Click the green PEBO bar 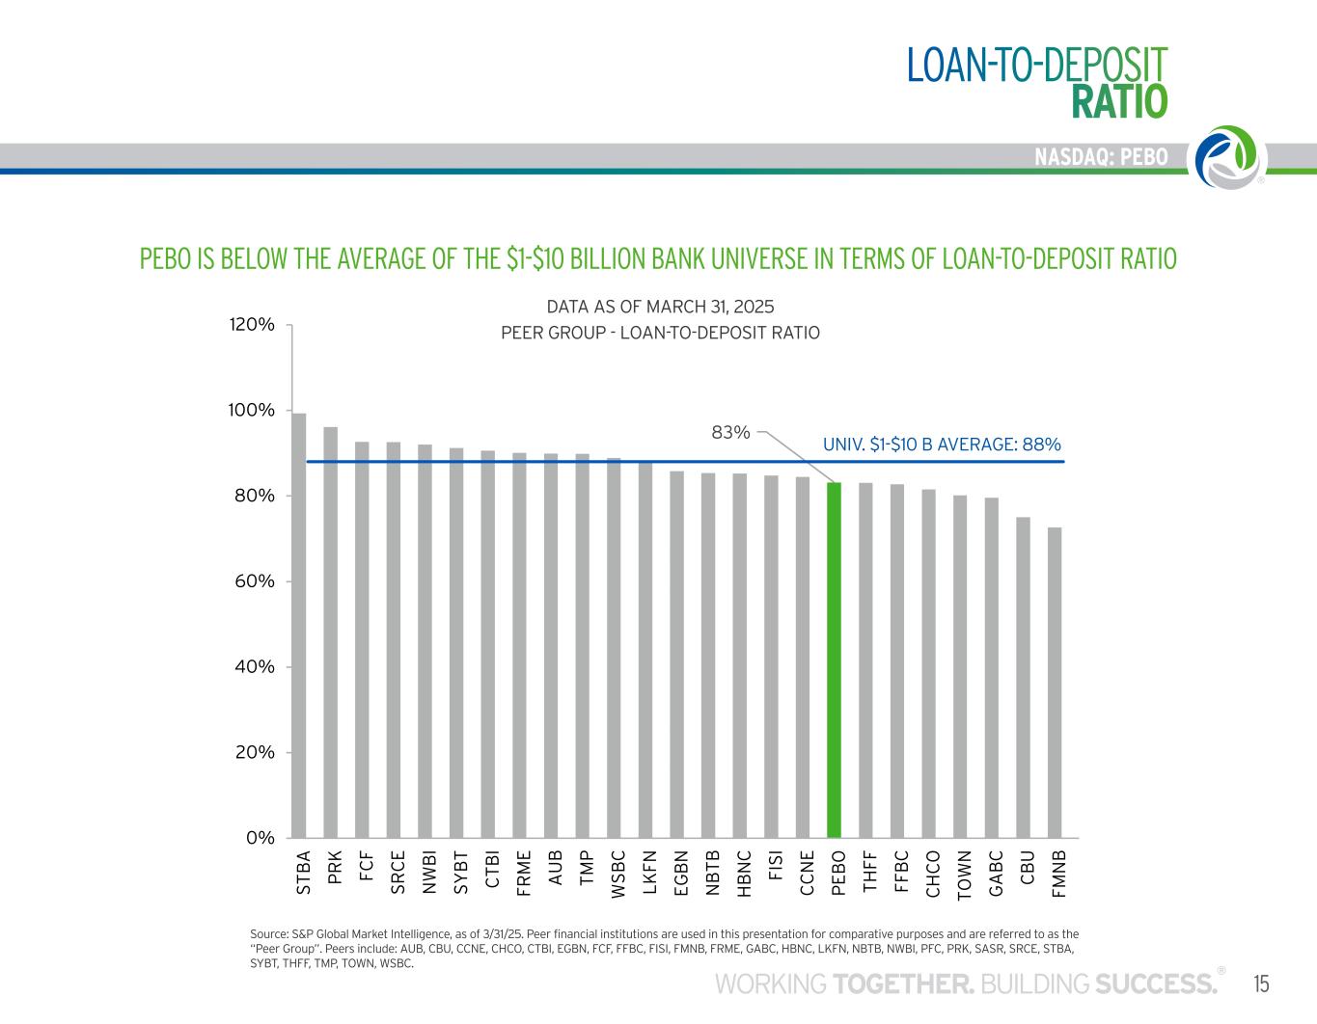(835, 660)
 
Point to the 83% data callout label (730, 433)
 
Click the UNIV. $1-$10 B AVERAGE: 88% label (942, 445)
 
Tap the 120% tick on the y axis (252, 325)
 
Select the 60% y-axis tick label (252, 581)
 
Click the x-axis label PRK (333, 868)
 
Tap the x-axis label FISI (773, 866)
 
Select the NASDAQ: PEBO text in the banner (1101, 157)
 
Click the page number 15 (1261, 984)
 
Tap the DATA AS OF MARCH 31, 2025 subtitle (660, 307)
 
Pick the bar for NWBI (425, 640)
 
